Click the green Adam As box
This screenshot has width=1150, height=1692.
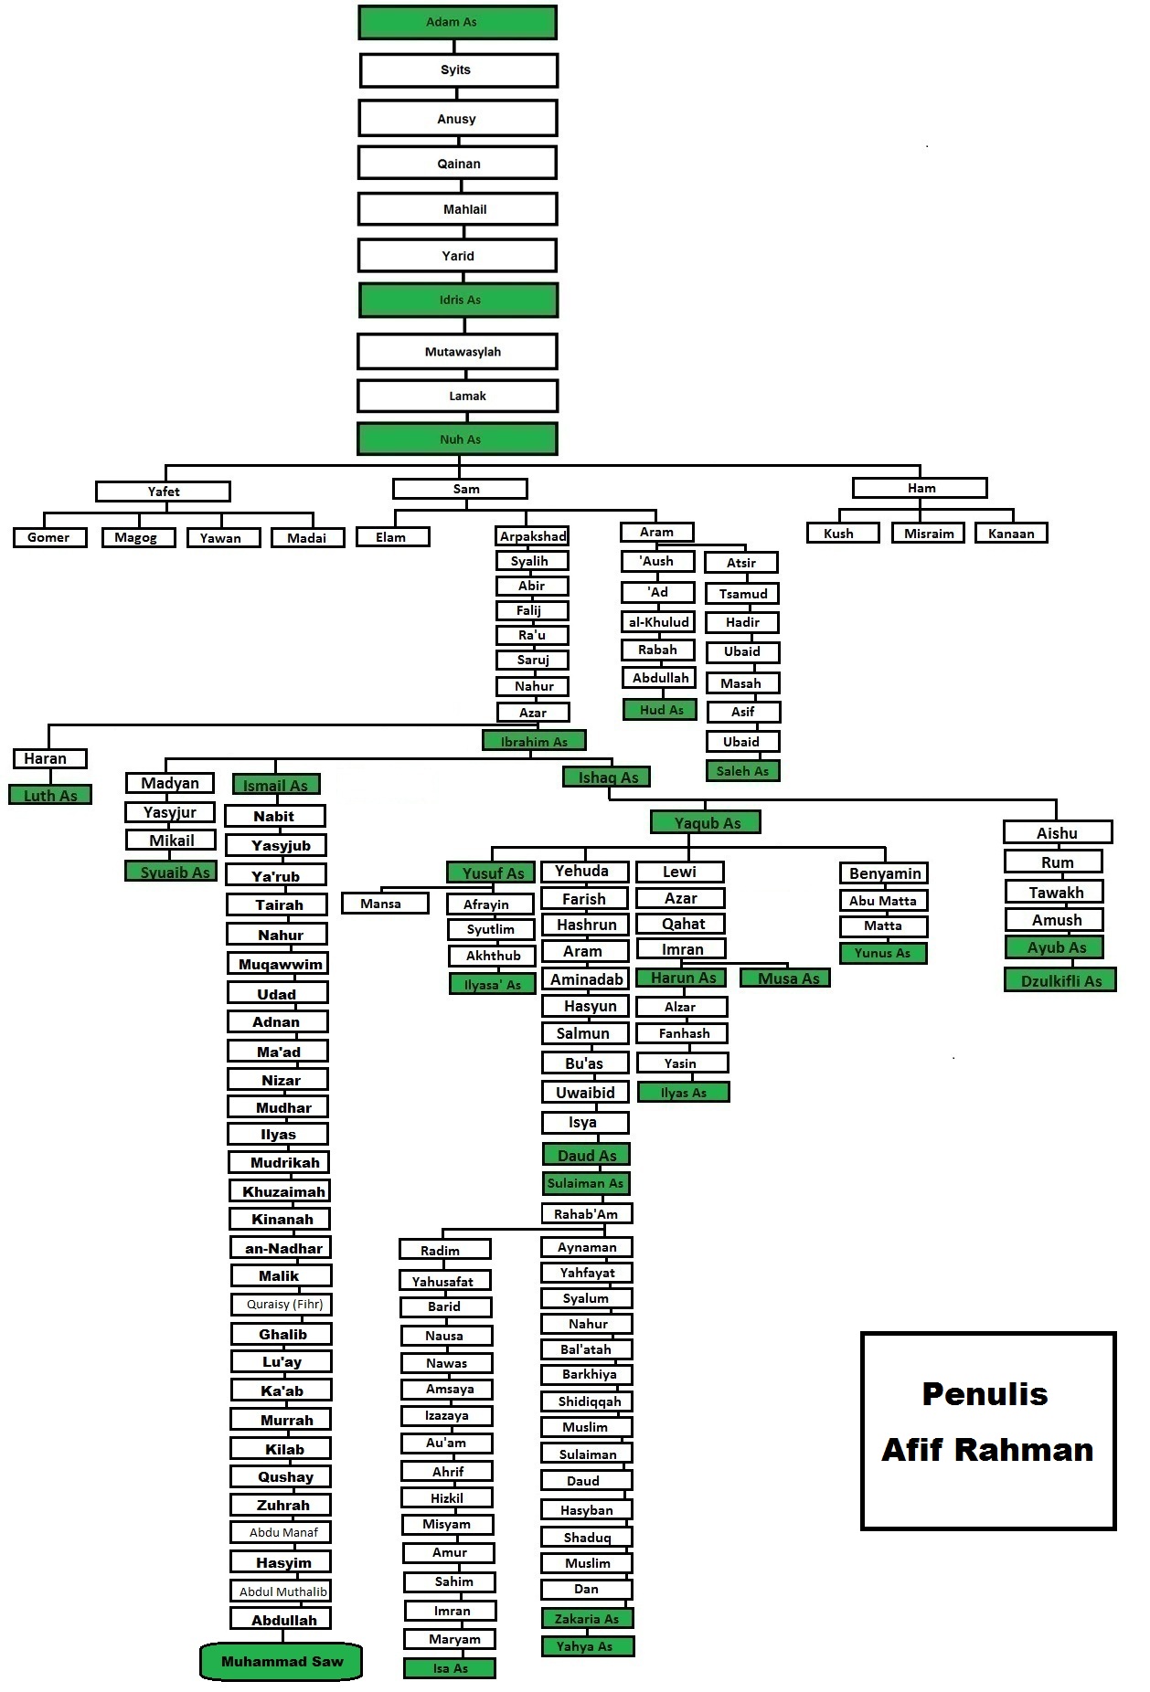pos(457,22)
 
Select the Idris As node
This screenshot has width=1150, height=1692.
pos(458,300)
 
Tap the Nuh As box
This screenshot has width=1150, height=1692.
pos(457,439)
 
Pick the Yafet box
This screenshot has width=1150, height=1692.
pos(163,492)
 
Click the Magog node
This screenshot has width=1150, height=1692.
pos(138,537)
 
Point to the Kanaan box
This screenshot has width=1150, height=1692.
pos(1011,534)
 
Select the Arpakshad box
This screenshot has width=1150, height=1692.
pos(533,536)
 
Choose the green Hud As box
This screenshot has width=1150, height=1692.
pos(661,710)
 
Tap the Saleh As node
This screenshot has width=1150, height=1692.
pos(742,771)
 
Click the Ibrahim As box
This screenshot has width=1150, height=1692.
pos(534,741)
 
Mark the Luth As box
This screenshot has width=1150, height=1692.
pos(50,796)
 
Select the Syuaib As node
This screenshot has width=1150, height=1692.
pos(172,872)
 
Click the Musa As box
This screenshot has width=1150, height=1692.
pos(785,978)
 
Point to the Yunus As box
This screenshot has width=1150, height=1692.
pos(882,953)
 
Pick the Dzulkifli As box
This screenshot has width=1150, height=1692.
pos(1060,981)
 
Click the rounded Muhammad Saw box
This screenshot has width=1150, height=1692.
pos(282,1662)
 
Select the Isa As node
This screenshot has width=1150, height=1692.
pos(450,1668)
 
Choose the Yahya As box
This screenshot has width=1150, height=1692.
pos(587,1646)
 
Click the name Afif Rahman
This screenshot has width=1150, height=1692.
pos(987,1450)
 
